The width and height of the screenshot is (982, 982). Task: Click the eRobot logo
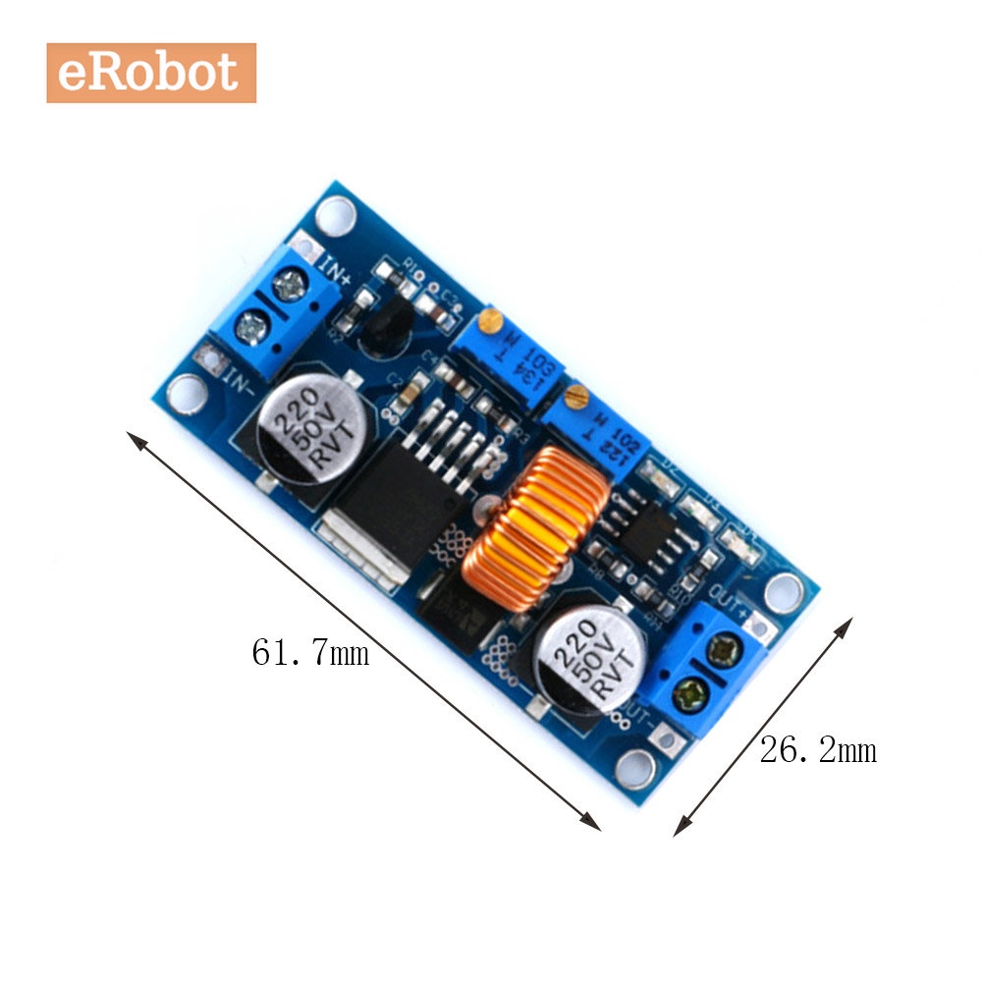(151, 73)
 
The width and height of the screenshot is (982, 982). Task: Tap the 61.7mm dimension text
(310, 652)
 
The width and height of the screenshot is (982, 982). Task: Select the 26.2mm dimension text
(817, 751)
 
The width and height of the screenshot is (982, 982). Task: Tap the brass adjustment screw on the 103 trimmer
(488, 320)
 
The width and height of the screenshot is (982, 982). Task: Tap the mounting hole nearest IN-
(186, 394)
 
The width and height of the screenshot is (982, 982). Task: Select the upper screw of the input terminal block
(288, 287)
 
